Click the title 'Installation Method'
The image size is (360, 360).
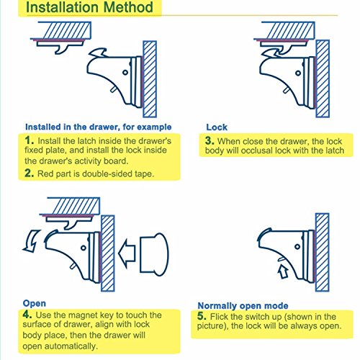89,7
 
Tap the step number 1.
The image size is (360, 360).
29,140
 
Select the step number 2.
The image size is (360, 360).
30,173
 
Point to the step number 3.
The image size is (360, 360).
210,140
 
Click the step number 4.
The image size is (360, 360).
27,314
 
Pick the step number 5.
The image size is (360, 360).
202,316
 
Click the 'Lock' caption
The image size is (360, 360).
217,127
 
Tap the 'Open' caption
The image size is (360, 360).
35,303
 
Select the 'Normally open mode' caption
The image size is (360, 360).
243,306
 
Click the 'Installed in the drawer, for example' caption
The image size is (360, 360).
99,127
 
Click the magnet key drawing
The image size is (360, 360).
154,254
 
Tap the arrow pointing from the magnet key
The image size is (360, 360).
127,254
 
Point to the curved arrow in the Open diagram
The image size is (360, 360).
32,240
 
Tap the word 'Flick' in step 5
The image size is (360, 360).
220,316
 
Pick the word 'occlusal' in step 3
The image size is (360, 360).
257,150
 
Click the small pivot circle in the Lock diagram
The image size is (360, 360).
298,73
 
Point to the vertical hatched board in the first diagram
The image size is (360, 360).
150,79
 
